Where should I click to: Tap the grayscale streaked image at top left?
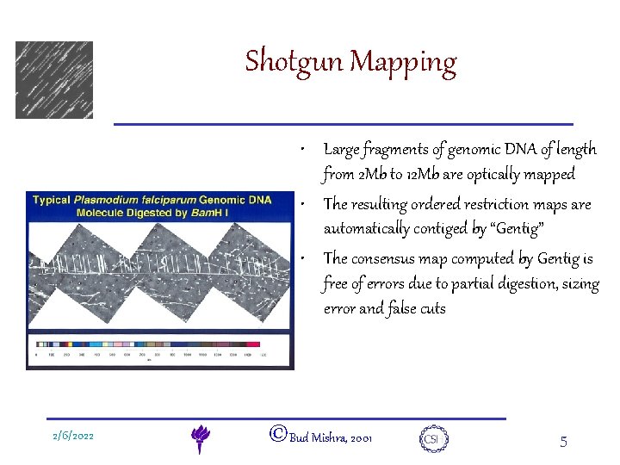[x=53, y=80]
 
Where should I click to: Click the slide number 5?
[x=563, y=442]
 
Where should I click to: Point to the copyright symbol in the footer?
[x=277, y=435]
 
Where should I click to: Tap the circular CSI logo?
[x=431, y=438]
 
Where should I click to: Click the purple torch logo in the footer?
[x=200, y=438]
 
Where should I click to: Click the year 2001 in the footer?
[x=361, y=439]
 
